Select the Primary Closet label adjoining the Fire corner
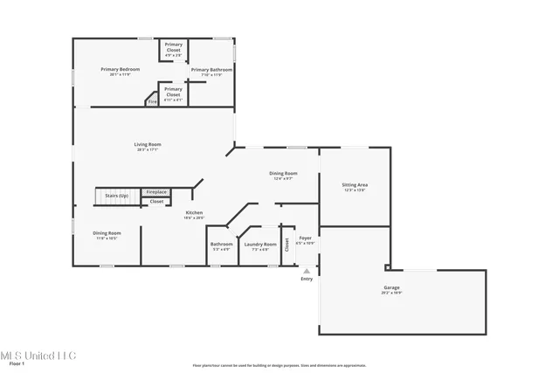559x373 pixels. pos(174,92)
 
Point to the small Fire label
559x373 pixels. pos(151,101)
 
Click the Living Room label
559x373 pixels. pos(148,146)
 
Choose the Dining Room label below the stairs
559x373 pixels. pos(107,235)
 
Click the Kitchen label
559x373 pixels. pos(194,215)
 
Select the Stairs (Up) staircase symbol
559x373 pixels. pos(111,197)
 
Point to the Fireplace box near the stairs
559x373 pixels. pos(156,192)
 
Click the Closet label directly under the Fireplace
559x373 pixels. pos(156,202)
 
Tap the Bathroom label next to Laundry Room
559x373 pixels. pos(221,245)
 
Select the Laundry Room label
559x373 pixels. pos(259,245)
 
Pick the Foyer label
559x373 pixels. pos(306,239)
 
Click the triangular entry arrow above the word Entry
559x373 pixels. pos(307,271)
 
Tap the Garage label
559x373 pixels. pos(391,289)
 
